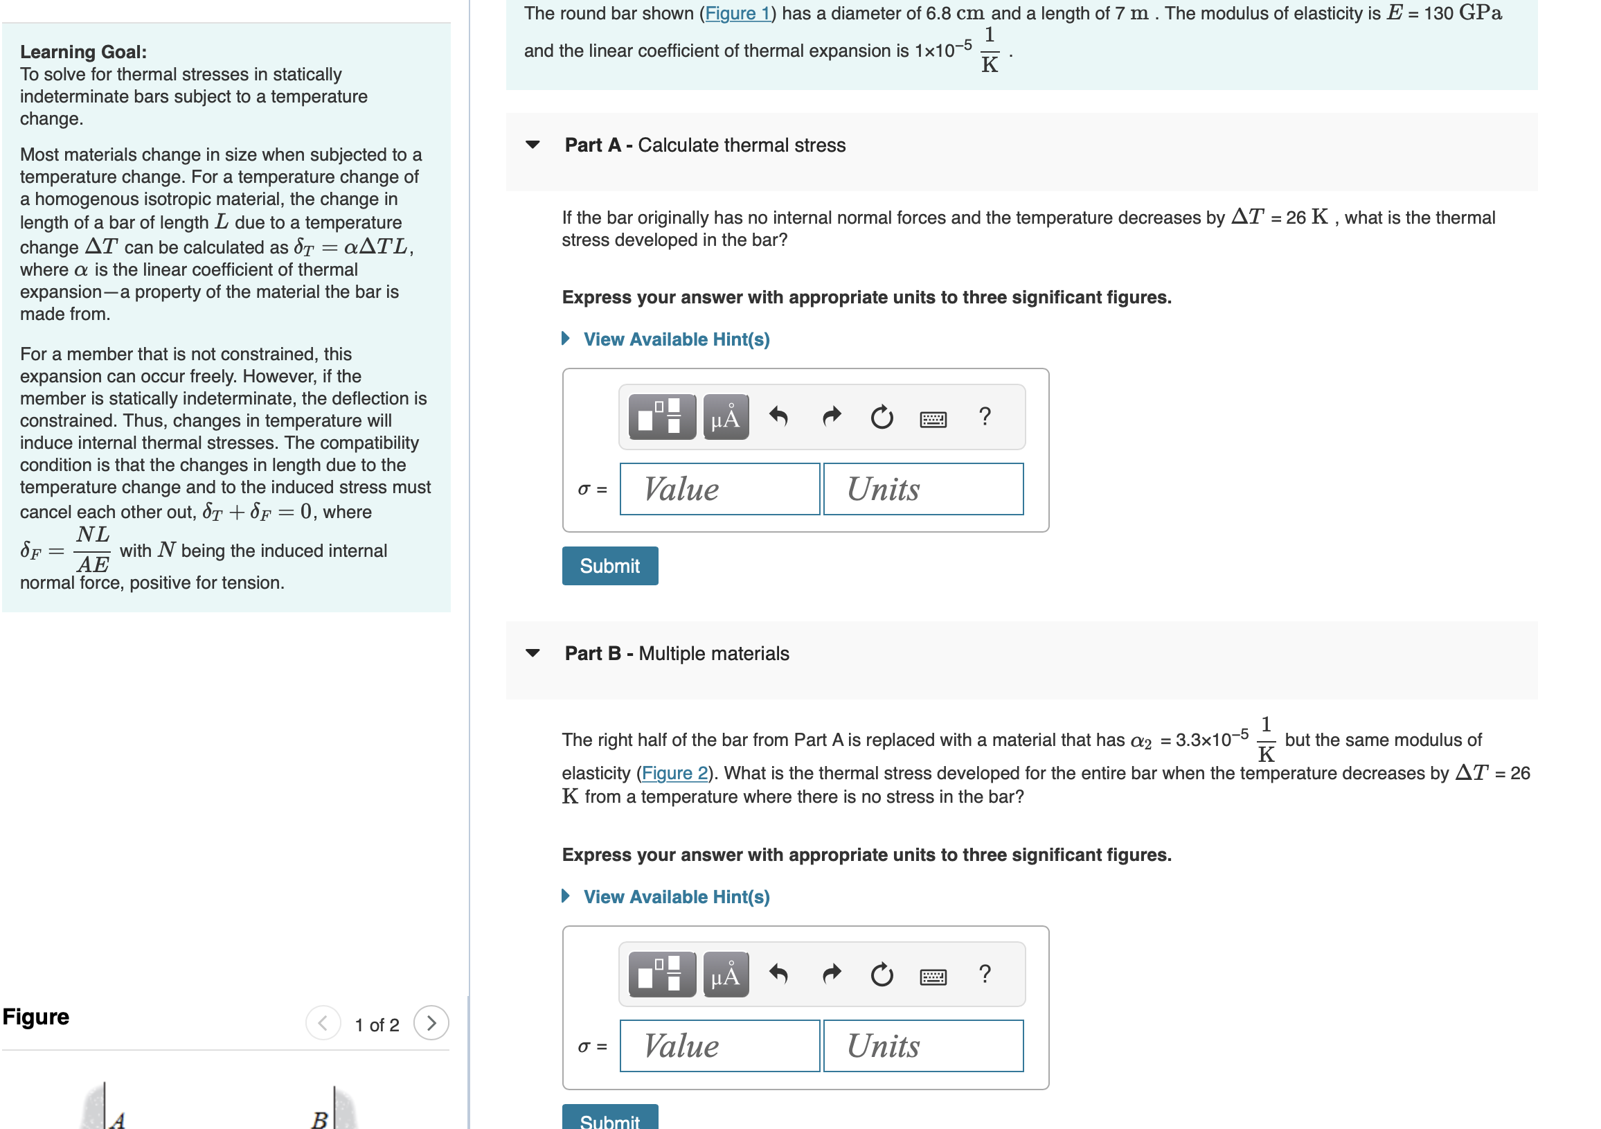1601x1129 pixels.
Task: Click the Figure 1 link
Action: click(x=737, y=13)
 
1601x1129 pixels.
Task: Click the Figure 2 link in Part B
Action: click(x=674, y=773)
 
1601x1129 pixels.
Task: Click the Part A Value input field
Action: click(x=719, y=489)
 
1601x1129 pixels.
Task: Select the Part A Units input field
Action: click(x=922, y=489)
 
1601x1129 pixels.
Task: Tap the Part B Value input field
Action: click(x=719, y=1046)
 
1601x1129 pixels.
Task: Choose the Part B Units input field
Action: click(x=922, y=1046)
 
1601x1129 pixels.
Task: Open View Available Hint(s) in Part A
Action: click(x=675, y=339)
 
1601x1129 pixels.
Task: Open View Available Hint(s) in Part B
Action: click(x=675, y=897)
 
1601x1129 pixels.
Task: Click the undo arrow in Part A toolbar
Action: click(x=778, y=417)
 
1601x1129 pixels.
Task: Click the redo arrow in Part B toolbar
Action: click(x=831, y=974)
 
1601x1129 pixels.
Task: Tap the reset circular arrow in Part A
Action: click(x=882, y=417)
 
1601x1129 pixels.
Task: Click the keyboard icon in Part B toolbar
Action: click(x=932, y=977)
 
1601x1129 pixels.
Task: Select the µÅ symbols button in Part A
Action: click(x=725, y=417)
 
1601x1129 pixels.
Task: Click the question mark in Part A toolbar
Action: click(x=984, y=416)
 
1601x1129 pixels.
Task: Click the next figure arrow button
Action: click(x=431, y=1023)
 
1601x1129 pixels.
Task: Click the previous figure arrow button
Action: click(x=323, y=1023)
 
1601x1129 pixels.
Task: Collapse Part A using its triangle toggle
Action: click(x=533, y=145)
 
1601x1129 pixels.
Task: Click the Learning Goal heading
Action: click(x=83, y=52)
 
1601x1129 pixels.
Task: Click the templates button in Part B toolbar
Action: click(x=661, y=974)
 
